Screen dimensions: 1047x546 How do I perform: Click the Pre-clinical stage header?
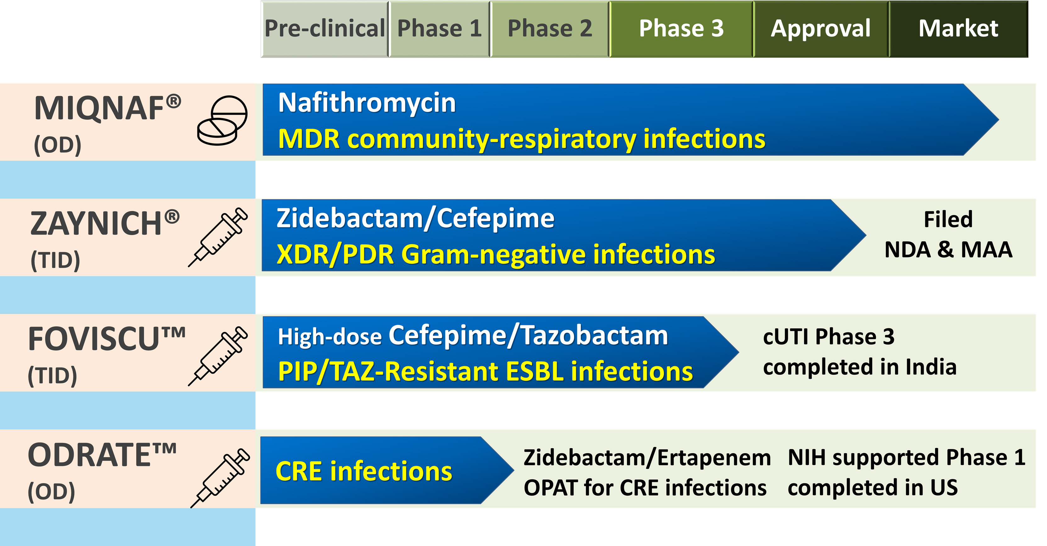click(x=324, y=29)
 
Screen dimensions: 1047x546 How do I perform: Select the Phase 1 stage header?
click(x=440, y=29)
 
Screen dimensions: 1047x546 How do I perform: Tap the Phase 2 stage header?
click(x=550, y=29)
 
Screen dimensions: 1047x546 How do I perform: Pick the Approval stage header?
click(x=821, y=29)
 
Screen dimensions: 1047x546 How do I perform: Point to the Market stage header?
click(x=958, y=29)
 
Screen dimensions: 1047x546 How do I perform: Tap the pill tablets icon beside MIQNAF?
click(x=222, y=121)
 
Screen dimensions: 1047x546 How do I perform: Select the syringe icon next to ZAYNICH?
click(x=218, y=237)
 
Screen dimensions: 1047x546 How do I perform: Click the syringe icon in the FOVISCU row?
click(x=218, y=356)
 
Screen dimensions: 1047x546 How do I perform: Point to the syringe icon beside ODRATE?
click(x=220, y=478)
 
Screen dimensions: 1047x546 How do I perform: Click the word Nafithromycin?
click(x=367, y=103)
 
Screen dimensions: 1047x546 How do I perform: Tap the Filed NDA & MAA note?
click(x=948, y=234)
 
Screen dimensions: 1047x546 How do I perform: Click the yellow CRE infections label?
click(x=364, y=472)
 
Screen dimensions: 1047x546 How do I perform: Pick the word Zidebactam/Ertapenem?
click(x=647, y=458)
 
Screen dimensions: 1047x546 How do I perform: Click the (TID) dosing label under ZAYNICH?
click(x=55, y=260)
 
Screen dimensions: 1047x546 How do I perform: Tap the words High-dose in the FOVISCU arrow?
click(x=330, y=337)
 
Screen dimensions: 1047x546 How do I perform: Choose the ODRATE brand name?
click(x=103, y=455)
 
